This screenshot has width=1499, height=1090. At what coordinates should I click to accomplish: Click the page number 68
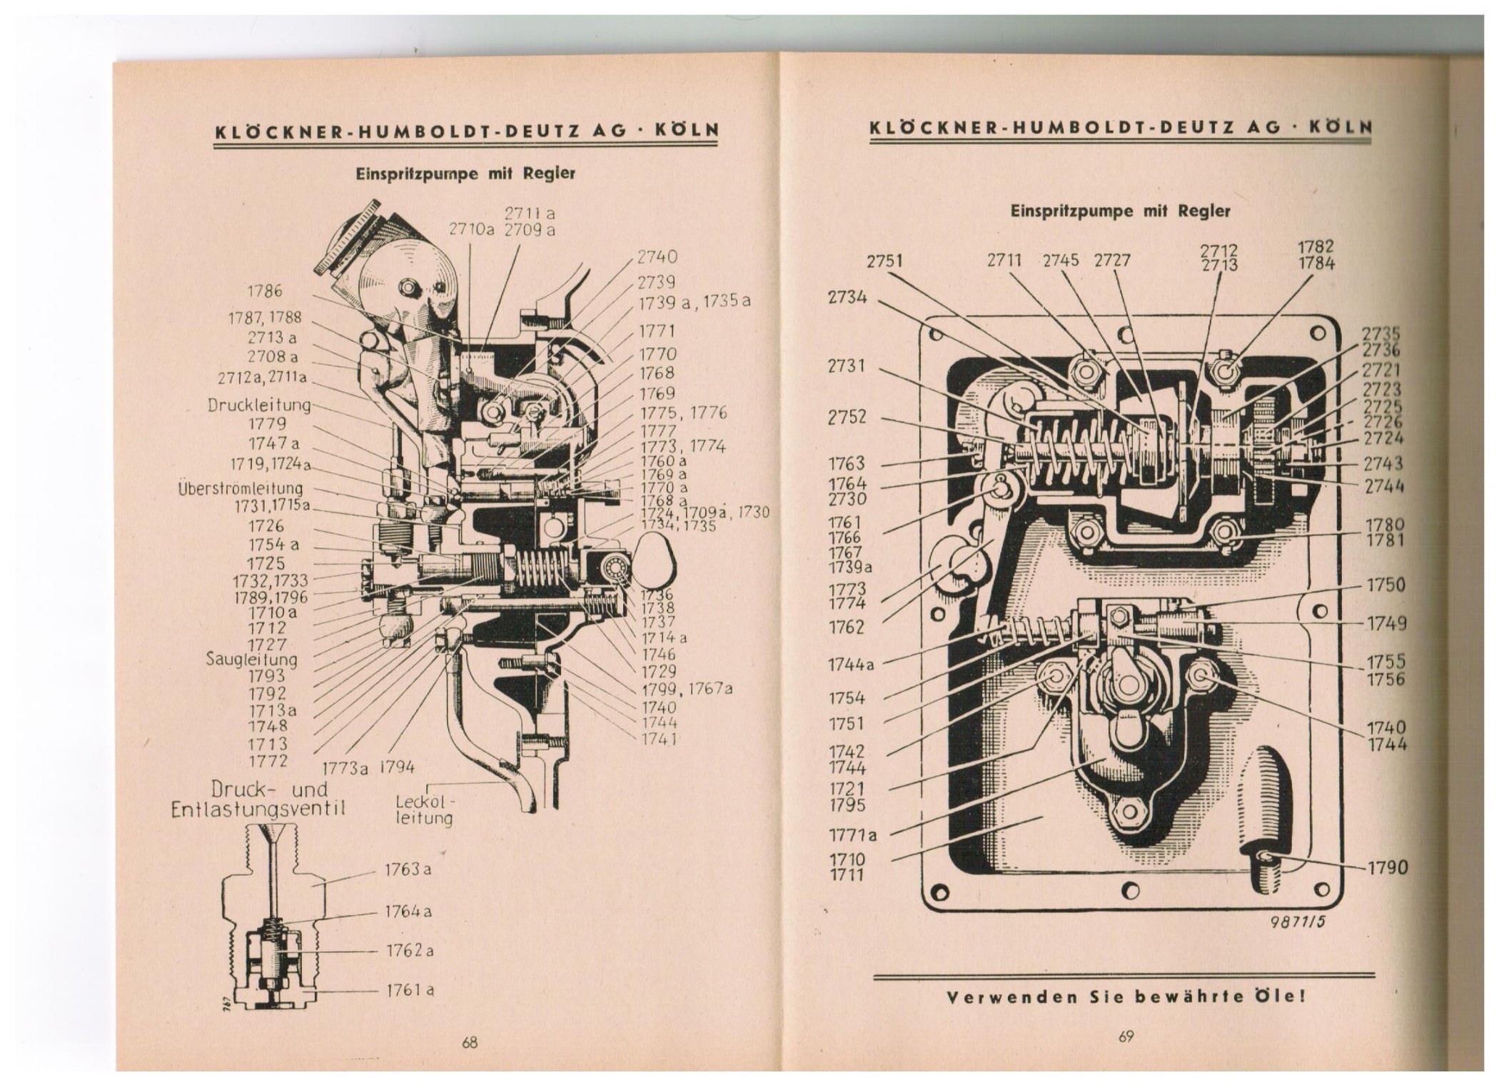469,1043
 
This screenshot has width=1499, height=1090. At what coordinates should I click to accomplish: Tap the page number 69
1126,1037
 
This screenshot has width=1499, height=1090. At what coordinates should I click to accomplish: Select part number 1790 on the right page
1387,868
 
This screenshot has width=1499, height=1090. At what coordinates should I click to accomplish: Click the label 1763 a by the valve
408,870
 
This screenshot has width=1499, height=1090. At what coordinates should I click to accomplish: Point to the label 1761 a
410,990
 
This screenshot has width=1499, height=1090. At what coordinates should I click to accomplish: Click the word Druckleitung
260,405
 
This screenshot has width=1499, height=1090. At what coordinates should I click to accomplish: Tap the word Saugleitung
252,660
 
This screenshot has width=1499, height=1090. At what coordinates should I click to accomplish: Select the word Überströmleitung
241,489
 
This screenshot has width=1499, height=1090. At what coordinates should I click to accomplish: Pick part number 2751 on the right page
884,262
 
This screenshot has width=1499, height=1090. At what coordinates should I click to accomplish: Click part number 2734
847,296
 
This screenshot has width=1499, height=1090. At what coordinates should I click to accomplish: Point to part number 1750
1386,585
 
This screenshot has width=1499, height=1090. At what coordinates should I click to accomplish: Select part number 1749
1387,623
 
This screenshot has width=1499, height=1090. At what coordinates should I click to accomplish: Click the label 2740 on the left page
657,257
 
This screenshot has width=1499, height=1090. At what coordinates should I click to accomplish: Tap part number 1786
264,291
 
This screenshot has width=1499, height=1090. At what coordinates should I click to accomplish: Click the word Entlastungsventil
259,809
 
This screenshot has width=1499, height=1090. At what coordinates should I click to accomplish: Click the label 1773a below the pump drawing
345,768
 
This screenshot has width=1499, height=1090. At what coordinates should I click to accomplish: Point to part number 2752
847,417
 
